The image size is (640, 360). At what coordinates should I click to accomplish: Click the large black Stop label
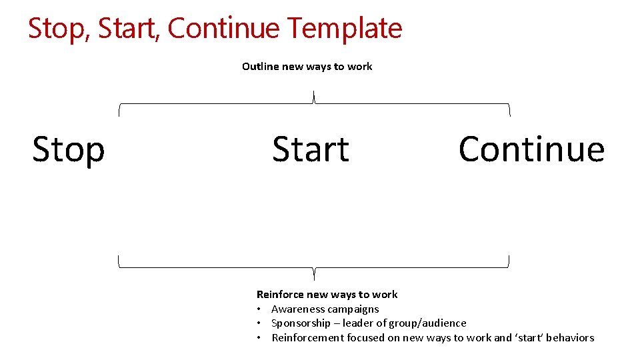69,149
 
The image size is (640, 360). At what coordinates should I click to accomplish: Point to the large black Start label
311,149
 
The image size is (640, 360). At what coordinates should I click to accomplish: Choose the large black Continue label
531,149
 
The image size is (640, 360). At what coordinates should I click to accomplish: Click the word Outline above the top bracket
261,66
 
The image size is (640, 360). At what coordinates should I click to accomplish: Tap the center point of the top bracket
314,98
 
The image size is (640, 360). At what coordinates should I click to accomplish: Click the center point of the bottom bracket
314,272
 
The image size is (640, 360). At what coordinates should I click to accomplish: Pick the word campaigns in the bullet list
353,309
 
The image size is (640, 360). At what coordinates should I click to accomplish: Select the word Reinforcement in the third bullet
307,337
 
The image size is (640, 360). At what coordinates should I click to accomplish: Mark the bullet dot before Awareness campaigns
259,309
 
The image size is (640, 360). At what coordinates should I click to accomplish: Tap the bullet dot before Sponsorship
259,323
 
